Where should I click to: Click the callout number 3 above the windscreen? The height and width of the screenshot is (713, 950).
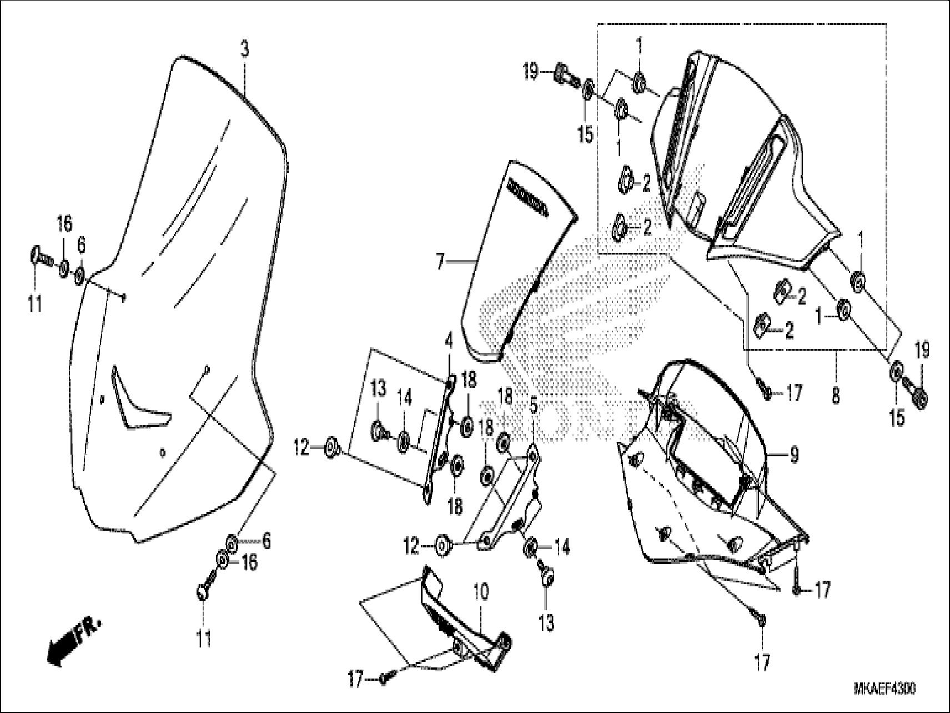244,49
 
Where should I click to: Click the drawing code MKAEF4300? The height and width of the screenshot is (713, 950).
884,689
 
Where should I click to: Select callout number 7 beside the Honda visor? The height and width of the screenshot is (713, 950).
440,262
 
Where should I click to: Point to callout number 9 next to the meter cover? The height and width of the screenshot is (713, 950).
794,456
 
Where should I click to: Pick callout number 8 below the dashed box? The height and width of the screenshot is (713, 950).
836,395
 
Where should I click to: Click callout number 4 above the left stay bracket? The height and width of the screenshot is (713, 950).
448,337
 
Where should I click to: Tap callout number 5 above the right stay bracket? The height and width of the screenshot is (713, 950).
533,406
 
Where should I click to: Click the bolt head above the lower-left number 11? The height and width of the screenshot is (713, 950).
202,591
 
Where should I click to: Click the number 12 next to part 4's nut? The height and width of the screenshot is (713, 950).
301,448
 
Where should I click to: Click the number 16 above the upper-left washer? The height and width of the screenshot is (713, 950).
64,225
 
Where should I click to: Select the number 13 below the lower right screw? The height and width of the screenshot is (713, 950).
546,622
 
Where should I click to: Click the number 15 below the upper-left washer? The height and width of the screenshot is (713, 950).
585,134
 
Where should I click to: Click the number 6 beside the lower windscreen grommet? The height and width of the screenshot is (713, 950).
267,541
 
